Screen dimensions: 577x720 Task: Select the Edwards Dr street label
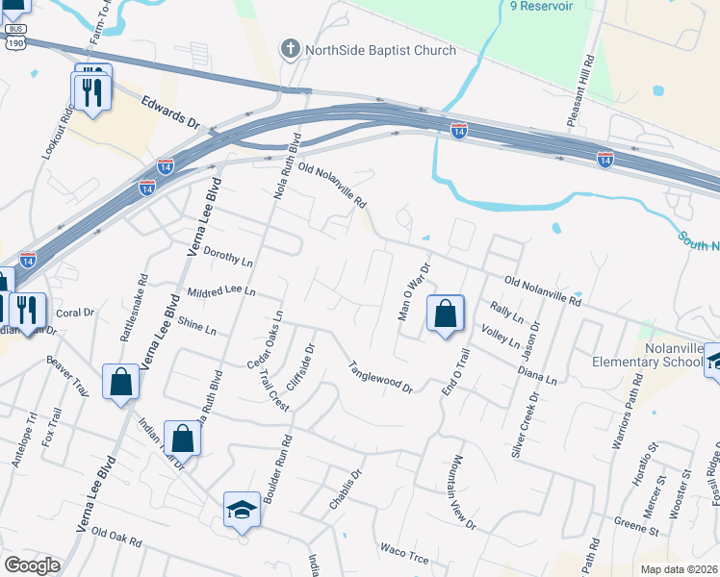coord(168,113)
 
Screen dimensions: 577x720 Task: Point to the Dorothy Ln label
coord(228,260)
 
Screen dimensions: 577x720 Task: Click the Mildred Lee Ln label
coord(222,290)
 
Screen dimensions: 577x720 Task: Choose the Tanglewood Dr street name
coord(380,377)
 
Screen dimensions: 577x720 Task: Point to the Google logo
coord(32,564)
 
